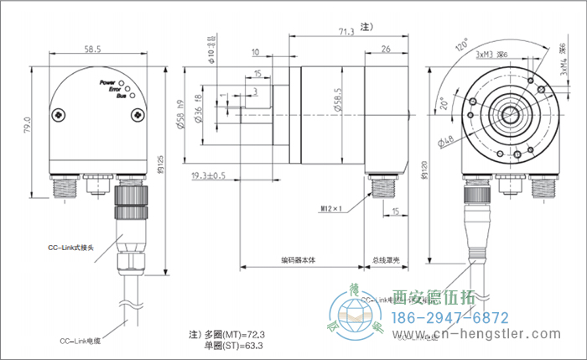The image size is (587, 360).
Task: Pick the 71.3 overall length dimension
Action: coord(345,33)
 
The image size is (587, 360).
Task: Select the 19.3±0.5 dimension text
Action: coord(209,175)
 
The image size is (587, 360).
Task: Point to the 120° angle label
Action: coord(461,44)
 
